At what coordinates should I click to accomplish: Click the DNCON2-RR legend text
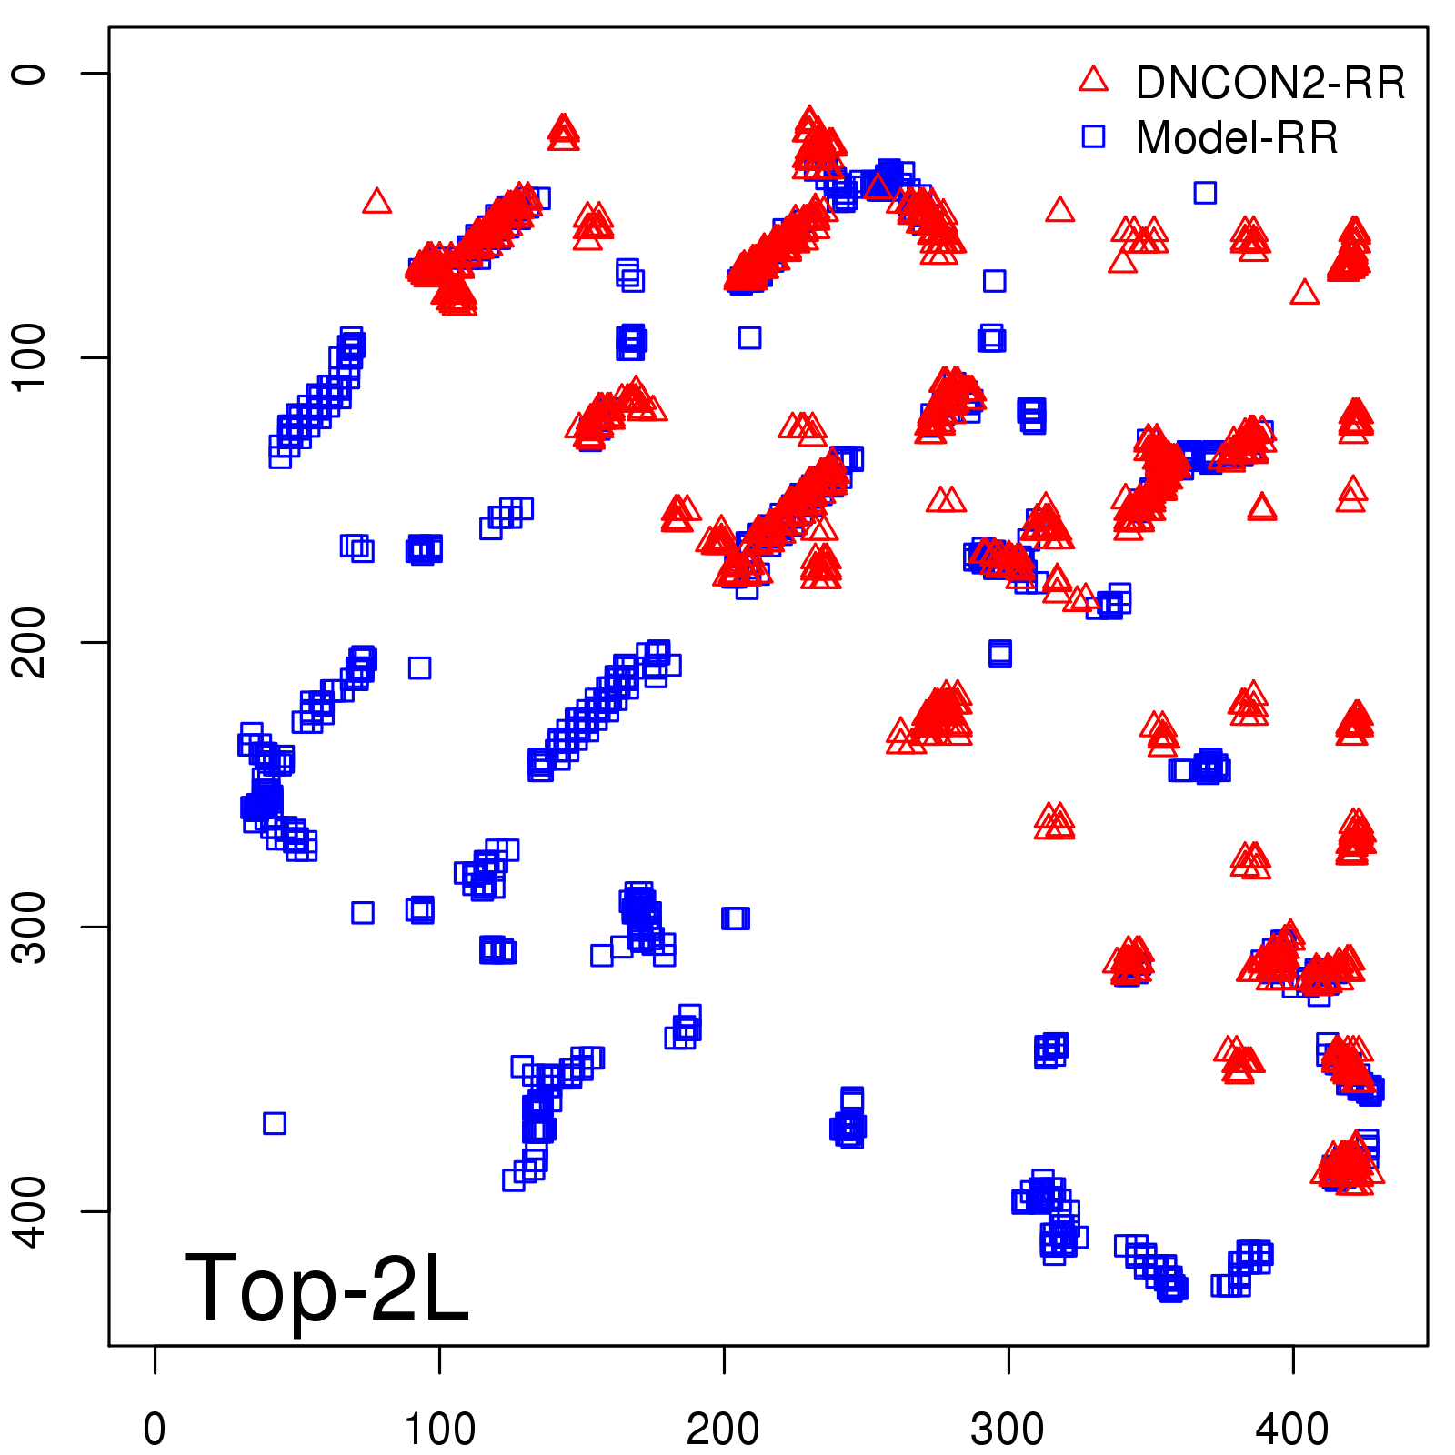pos(1269,84)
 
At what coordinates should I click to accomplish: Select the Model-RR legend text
pos(1237,138)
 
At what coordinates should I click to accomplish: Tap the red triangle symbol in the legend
pos(1093,80)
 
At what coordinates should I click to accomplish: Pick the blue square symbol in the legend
pos(1093,136)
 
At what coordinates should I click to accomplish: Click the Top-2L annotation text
pos(326,1289)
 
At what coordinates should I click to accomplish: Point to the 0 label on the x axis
pos(155,1429)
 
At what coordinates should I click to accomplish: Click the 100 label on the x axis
pos(439,1429)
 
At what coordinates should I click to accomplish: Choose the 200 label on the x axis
pos(724,1429)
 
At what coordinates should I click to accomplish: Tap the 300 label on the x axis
pos(1008,1429)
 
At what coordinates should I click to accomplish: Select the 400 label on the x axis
pos(1292,1429)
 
